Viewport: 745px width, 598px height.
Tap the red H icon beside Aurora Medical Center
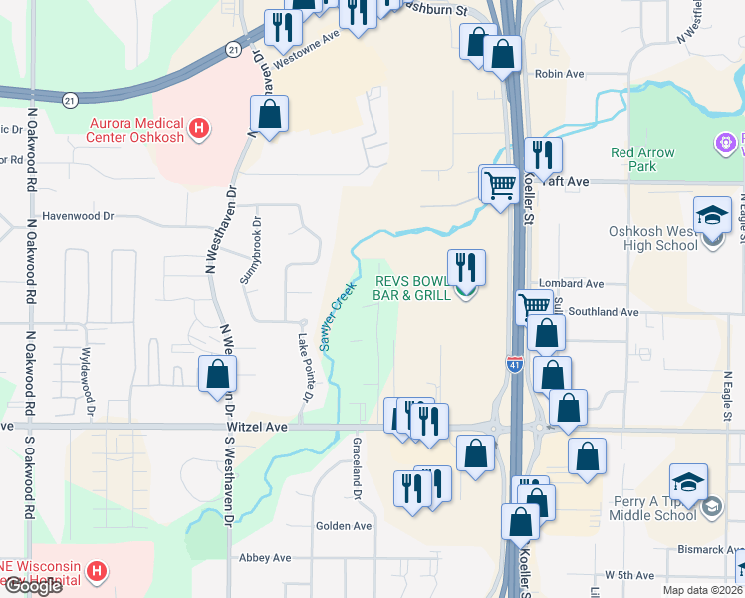click(x=199, y=128)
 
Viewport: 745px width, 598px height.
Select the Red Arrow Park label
click(x=642, y=159)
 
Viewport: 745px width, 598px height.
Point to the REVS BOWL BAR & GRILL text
click(x=411, y=288)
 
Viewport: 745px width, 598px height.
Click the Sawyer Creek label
click(x=337, y=316)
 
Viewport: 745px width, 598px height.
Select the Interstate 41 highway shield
click(x=514, y=367)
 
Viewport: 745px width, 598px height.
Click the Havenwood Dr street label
click(x=79, y=215)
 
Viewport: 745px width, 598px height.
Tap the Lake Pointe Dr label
click(x=304, y=364)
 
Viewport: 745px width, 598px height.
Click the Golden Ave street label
click(x=343, y=526)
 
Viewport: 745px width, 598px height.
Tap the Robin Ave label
click(x=559, y=74)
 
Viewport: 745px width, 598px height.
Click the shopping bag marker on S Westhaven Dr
click(x=218, y=375)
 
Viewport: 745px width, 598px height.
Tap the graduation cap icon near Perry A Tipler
click(x=688, y=482)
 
